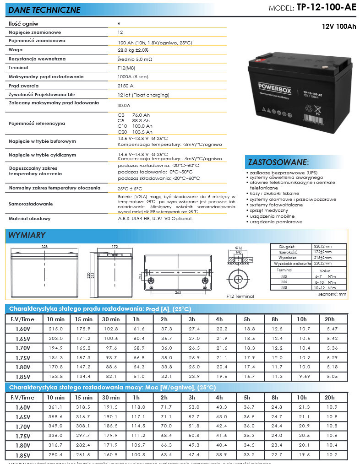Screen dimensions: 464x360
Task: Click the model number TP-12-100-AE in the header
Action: [x=326, y=8]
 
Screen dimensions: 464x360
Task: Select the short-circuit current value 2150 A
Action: [x=125, y=86]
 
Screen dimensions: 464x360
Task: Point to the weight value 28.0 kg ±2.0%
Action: [x=133, y=50]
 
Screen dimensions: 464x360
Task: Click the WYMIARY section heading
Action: [x=27, y=235]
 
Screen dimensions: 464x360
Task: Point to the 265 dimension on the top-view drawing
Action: [x=179, y=291]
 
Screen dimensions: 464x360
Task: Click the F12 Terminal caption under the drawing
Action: [x=240, y=297]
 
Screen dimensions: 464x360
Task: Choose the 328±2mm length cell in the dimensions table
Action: [x=323, y=246]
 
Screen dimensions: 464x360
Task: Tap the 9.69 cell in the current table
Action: [x=302, y=377]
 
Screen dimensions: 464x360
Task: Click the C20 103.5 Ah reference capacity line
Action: [x=135, y=131]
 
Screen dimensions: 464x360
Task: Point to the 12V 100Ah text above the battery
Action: [x=339, y=27]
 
